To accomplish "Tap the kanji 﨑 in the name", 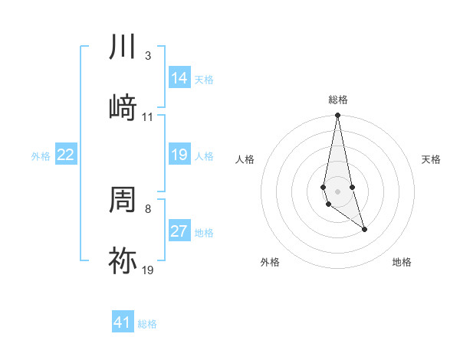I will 123,108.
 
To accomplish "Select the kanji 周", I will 123,200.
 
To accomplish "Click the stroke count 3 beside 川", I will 147,56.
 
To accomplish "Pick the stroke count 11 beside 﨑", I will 148,117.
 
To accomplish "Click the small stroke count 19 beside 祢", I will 148,270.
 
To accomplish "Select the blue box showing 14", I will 179,78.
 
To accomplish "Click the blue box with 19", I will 179,155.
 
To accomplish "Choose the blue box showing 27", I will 179,231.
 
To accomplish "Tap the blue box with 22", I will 66,155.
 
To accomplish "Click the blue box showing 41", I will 123,322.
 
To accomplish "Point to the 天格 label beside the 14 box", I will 204,79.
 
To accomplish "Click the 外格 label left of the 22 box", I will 41,155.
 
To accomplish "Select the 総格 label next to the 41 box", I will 147,323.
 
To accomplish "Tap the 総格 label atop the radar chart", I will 338,100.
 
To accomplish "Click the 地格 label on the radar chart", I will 402,262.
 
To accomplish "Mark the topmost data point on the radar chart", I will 337,116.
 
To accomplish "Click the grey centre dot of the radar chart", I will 337,191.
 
